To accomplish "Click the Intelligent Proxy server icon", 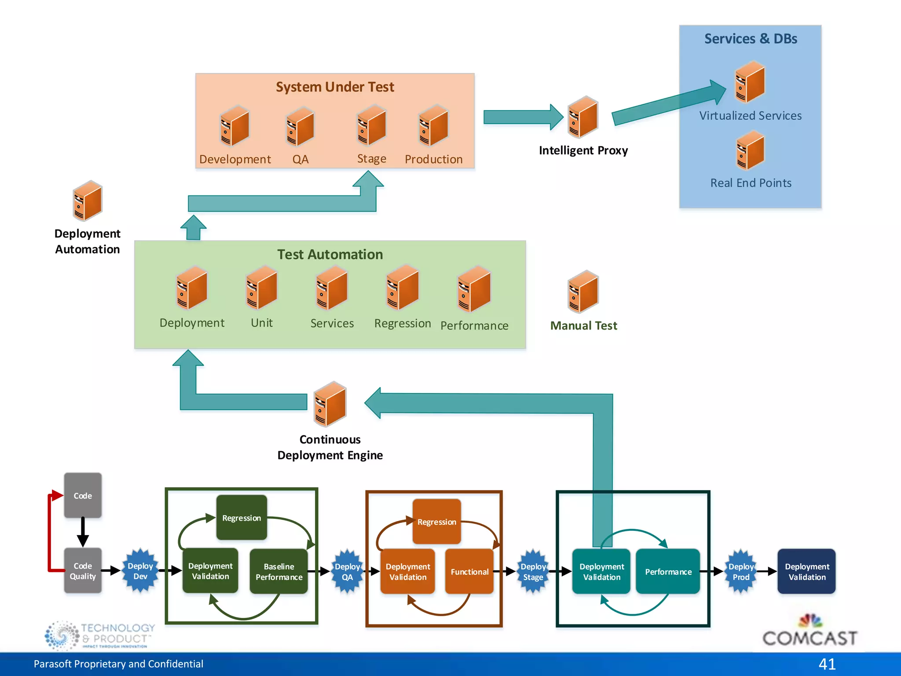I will coord(583,117).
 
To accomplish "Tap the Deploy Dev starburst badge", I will coord(140,571).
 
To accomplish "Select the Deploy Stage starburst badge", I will coord(533,571).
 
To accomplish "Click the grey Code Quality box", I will coord(83,571).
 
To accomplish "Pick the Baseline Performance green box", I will coord(279,571).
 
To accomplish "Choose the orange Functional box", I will coord(469,571).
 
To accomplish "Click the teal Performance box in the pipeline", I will coord(668,571).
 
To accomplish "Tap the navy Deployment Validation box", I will coord(806,571).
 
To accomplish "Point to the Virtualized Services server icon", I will coord(750,82).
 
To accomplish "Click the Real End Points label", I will coord(751,183).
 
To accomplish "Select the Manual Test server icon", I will coord(583,292).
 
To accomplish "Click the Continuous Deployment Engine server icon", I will coord(330,404).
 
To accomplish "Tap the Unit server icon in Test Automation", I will coord(262,288).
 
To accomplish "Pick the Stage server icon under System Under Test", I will coord(372,125).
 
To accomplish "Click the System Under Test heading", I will coord(335,87).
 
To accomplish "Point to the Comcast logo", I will coord(809,632).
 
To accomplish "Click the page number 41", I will coord(827,664).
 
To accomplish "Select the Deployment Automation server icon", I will coord(88,201).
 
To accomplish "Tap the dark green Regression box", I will coord(242,518).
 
